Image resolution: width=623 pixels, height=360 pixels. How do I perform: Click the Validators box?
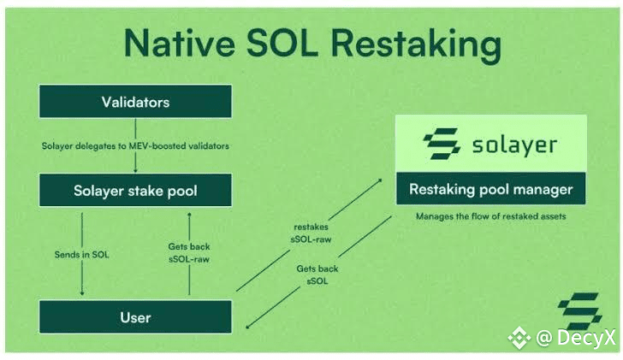[x=135, y=101]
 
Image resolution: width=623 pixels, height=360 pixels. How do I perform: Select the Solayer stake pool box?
[x=135, y=190]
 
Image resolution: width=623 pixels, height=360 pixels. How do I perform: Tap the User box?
[x=135, y=316]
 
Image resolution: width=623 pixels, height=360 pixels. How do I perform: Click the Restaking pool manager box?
[x=490, y=188]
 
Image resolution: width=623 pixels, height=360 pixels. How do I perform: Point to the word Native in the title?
[x=180, y=43]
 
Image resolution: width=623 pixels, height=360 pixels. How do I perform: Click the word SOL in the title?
[x=282, y=43]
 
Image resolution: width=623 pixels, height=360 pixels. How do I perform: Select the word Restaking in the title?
[x=416, y=44]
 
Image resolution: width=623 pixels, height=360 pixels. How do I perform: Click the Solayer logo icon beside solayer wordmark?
[x=442, y=144]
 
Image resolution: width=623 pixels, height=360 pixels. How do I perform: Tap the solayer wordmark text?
[x=514, y=145]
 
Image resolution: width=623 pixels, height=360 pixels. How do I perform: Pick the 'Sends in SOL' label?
[x=81, y=255]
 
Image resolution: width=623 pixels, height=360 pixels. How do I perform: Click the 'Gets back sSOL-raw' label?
[x=189, y=253]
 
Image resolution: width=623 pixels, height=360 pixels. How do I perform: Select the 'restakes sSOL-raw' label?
[x=311, y=233]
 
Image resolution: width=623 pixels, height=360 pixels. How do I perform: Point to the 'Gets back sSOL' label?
[x=317, y=274]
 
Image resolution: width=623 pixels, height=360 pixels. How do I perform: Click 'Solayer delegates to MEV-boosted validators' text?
[x=135, y=145]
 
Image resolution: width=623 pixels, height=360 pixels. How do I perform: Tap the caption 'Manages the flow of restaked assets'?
[x=490, y=216]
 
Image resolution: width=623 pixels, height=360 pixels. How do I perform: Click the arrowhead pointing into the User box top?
[x=82, y=293]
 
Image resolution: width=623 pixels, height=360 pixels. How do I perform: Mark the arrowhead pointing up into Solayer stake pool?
[x=189, y=215]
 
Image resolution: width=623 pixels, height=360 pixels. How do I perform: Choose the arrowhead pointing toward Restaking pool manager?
[x=380, y=180]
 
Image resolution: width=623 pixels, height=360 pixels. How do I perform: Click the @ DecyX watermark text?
[x=575, y=338]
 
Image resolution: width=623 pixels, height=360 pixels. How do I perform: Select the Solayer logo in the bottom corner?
[x=580, y=310]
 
